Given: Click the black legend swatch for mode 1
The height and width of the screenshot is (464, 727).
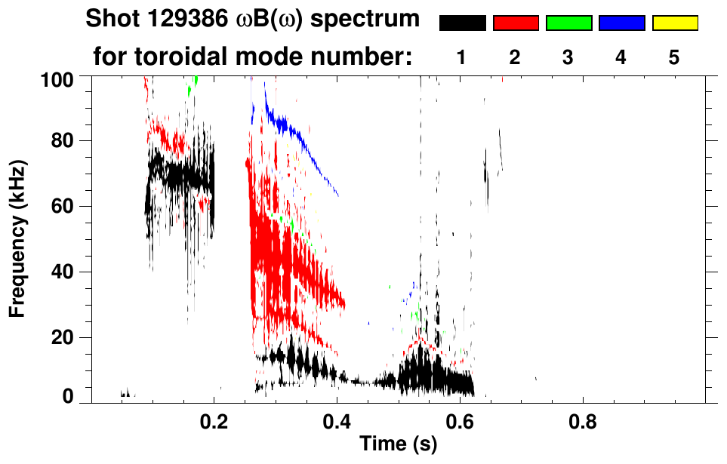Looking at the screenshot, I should click(462, 23).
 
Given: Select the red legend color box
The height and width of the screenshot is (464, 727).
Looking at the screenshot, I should click(516, 23).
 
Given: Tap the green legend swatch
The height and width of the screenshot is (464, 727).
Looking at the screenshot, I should click(568, 23).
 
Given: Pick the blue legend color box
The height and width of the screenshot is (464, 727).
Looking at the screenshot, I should click(621, 23).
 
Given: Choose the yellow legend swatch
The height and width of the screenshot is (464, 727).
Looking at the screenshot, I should click(674, 23).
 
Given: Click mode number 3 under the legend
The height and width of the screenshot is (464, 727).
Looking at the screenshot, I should click(568, 58).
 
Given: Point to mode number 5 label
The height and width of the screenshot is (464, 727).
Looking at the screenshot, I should click(674, 58).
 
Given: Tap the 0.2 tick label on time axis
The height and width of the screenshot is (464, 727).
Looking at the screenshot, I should click(214, 419).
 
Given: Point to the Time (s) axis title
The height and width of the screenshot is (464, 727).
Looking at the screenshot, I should click(398, 444).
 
